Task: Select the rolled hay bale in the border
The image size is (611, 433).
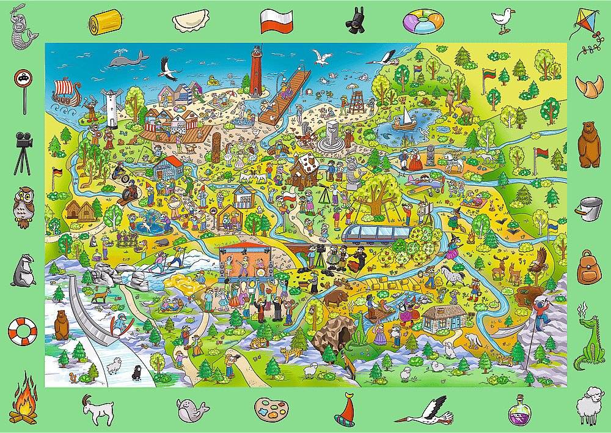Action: [101, 23]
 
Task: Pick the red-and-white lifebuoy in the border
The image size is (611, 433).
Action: [22, 331]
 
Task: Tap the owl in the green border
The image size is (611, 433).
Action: [23, 204]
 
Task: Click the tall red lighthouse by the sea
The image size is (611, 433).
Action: [256, 70]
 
